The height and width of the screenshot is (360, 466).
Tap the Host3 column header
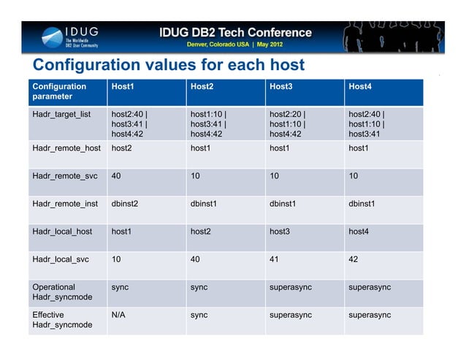click(x=281, y=86)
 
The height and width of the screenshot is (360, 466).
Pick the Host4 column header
click(x=360, y=86)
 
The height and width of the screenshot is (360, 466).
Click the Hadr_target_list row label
click(x=61, y=115)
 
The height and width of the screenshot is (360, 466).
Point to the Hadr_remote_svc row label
click(x=66, y=176)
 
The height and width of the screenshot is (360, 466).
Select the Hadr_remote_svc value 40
click(x=116, y=176)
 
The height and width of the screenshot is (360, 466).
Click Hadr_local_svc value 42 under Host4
click(x=354, y=259)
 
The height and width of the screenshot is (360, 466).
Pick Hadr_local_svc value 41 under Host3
click(x=275, y=259)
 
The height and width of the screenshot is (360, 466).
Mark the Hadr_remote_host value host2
click(x=122, y=148)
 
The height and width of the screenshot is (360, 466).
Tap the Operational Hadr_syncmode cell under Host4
click(x=370, y=287)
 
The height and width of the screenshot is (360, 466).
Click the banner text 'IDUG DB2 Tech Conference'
click(x=235, y=32)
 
